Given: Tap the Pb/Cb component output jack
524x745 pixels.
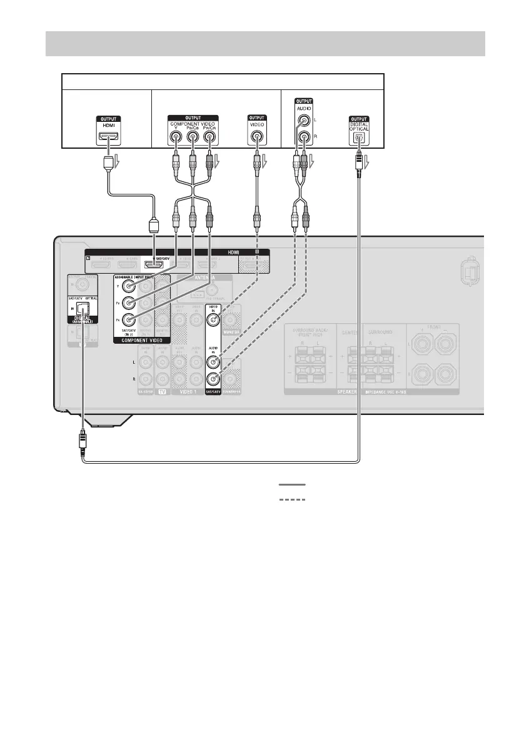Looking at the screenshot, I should [x=192, y=138].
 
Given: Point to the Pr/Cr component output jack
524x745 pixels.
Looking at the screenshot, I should [x=209, y=138].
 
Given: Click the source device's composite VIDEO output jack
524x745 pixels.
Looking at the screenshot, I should [x=256, y=138].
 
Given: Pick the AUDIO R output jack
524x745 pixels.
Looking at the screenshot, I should [x=303, y=138].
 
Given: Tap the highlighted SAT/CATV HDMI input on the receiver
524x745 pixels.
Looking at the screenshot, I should [x=154, y=265].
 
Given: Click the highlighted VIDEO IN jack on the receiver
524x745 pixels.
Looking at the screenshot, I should [x=214, y=322].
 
